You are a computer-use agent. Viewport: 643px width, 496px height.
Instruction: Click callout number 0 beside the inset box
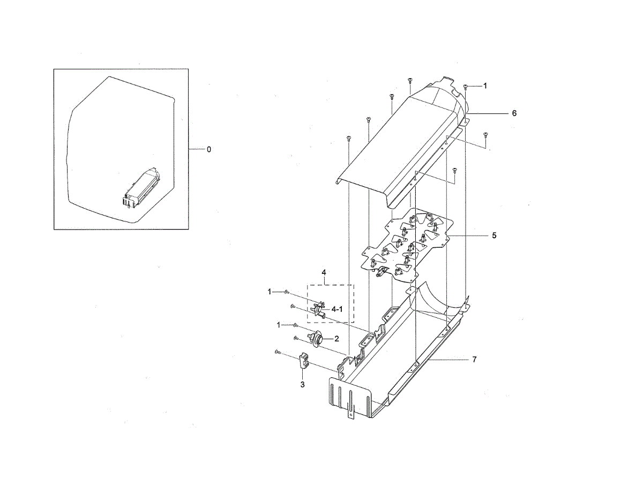click(x=209, y=149)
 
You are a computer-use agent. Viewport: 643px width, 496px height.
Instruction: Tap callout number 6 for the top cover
click(x=514, y=113)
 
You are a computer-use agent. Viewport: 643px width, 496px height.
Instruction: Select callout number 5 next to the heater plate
click(x=494, y=235)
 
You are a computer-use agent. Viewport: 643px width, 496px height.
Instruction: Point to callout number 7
click(x=474, y=360)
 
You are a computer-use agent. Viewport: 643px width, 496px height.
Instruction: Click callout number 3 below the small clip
click(x=302, y=384)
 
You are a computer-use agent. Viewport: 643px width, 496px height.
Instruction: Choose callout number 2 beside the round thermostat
click(x=337, y=339)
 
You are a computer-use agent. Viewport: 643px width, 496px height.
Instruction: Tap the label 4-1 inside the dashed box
click(x=338, y=309)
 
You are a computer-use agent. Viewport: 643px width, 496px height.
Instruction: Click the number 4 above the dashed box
click(x=324, y=273)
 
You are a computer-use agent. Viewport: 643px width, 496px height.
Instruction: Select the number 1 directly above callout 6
click(x=485, y=86)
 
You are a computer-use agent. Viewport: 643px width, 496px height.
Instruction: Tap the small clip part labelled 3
click(x=303, y=361)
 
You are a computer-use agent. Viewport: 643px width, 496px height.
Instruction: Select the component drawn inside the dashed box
click(x=319, y=309)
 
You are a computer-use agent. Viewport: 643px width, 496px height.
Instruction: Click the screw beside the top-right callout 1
click(x=466, y=86)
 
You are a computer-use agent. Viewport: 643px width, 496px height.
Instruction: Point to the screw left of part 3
click(x=276, y=352)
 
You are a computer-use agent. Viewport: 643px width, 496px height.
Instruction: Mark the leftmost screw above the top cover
click(x=348, y=138)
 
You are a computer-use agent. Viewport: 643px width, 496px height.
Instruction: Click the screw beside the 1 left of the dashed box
click(x=287, y=292)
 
